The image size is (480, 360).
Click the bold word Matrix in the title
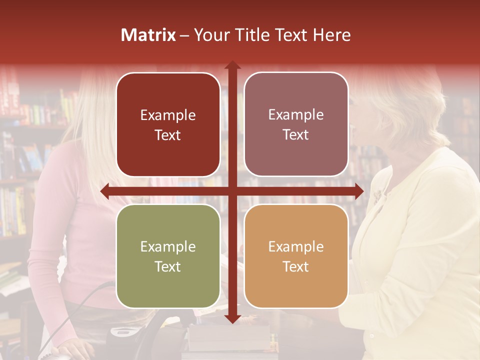tap(148, 35)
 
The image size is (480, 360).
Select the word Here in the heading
tap(331, 35)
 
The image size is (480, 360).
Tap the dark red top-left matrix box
tap(168, 124)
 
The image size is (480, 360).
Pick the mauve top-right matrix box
tap(296, 124)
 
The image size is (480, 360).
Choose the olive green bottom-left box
tap(168, 256)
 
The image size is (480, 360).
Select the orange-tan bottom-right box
tap(296, 256)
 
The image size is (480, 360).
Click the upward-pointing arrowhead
tap(232, 65)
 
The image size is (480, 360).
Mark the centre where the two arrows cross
tap(232, 191)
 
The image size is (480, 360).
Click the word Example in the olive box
tap(168, 246)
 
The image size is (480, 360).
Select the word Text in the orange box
tap(296, 266)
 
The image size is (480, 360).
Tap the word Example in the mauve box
tap(296, 114)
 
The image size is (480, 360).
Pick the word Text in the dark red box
tap(168, 135)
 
